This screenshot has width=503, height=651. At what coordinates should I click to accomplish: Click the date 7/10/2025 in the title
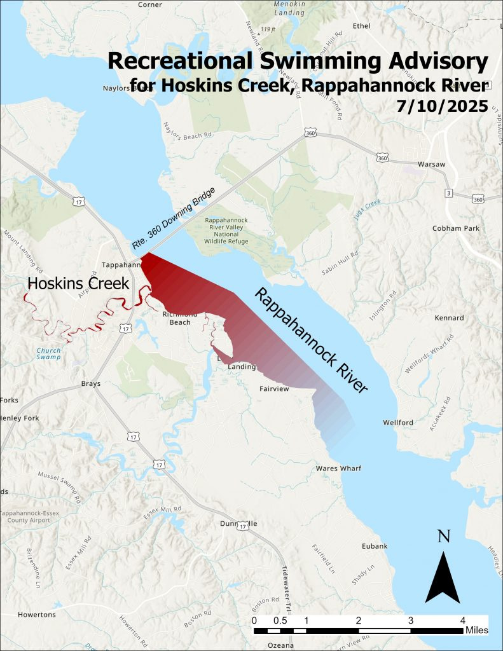[442, 106]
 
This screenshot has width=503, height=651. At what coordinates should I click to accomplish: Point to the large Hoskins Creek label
[78, 284]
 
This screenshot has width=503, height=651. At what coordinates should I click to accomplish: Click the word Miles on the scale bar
[476, 631]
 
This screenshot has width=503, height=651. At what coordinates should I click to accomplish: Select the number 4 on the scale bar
[462, 620]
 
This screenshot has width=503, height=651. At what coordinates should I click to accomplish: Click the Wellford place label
[398, 423]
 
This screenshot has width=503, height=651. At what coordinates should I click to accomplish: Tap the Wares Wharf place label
[338, 469]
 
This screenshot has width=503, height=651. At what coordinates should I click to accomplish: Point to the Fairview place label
[274, 388]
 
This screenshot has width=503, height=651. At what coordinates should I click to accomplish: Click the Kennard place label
[450, 317]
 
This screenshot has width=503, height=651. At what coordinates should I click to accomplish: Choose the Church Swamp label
[48, 353]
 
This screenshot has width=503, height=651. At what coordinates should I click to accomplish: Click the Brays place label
[91, 384]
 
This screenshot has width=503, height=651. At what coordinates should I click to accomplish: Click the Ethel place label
[361, 26]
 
